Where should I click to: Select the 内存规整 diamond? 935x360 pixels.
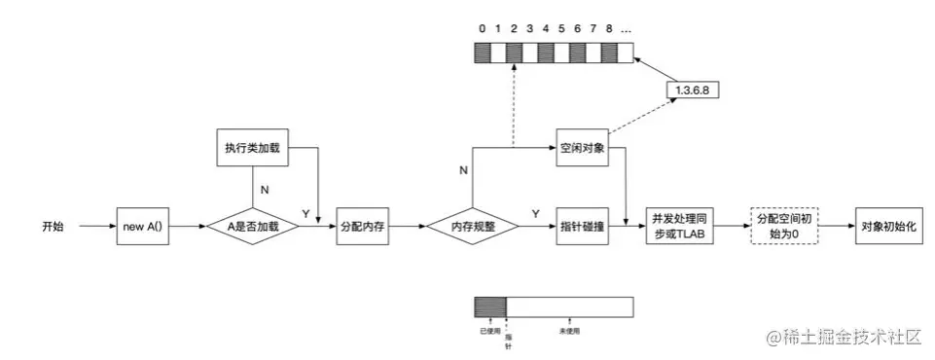click(x=473, y=226)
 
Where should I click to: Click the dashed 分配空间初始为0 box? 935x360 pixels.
click(x=784, y=226)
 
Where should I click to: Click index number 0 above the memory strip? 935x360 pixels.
click(x=483, y=27)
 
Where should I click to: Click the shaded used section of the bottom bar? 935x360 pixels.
click(x=490, y=307)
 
